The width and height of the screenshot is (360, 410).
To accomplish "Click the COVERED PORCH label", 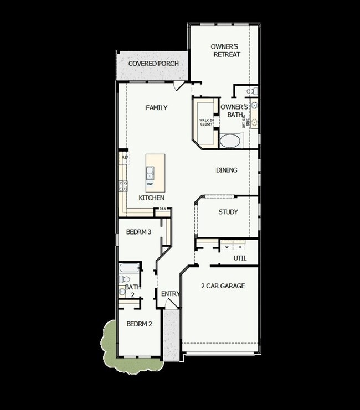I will click(153, 64).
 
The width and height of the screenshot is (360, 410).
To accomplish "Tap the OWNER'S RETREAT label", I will click(225, 51).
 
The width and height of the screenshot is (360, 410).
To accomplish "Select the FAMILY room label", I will click(156, 108).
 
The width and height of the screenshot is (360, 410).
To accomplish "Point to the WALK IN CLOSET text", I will click(206, 122).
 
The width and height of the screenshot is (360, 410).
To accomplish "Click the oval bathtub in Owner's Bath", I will click(230, 141).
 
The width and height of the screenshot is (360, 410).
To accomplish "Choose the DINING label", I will click(227, 170).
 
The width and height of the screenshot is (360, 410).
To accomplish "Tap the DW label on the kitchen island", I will click(150, 184).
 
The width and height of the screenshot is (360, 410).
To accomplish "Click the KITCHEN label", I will click(151, 198).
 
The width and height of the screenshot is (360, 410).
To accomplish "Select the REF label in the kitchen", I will click(125, 158).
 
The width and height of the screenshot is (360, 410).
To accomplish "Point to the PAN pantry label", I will click(163, 209).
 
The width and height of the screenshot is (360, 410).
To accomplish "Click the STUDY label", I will click(228, 212).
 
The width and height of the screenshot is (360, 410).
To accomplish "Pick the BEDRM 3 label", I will click(138, 232).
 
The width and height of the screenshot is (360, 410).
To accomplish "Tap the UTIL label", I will click(240, 258).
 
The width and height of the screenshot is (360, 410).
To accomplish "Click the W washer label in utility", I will click(227, 247).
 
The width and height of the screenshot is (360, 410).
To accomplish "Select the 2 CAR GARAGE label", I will click(223, 286).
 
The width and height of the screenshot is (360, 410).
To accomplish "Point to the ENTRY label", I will click(171, 294).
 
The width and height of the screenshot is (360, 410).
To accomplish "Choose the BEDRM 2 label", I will click(139, 324).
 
